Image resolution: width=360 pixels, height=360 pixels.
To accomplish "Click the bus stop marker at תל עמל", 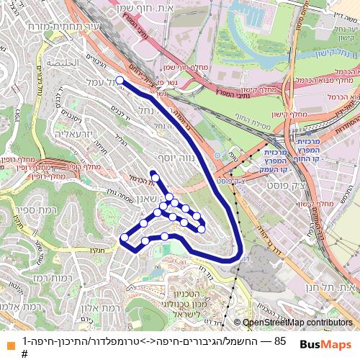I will [x=120, y=81].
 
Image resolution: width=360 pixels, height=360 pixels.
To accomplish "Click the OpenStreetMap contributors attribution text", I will [x=298, y=324].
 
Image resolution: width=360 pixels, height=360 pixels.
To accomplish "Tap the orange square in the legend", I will [x=8, y=341].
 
